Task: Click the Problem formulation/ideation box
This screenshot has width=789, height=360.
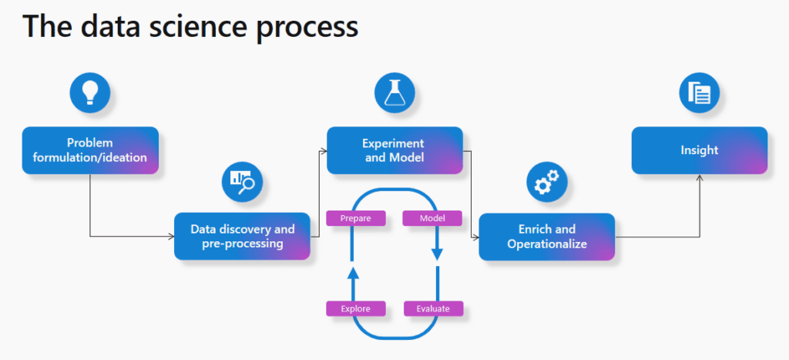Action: click(90, 150)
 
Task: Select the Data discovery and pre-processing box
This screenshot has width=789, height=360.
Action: click(242, 236)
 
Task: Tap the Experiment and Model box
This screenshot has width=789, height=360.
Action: click(394, 150)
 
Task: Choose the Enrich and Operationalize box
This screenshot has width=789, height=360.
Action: click(547, 236)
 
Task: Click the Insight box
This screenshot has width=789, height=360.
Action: click(699, 150)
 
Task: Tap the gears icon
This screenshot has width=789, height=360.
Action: click(547, 182)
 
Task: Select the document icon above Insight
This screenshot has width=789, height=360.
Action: click(699, 93)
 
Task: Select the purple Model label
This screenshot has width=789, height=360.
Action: click(432, 218)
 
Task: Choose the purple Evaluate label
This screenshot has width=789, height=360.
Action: click(433, 308)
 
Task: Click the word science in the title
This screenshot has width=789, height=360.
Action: click(188, 26)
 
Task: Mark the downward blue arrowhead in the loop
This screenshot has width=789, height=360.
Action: click(437, 254)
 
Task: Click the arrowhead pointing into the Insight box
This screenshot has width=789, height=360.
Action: click(699, 178)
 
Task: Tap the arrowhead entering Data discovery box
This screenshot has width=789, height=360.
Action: click(170, 236)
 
